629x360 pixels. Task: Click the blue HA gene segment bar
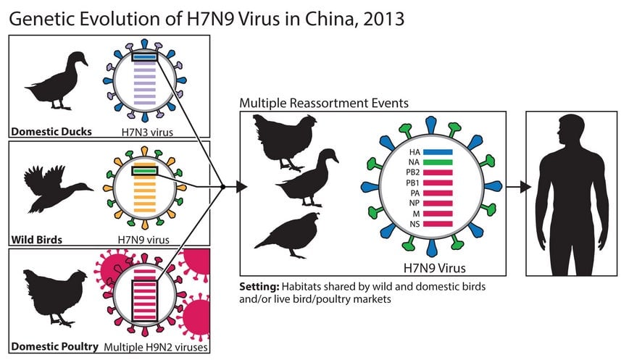tap(438, 152)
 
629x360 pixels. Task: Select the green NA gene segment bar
tap(438, 162)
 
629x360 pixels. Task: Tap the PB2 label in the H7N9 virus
tap(413, 173)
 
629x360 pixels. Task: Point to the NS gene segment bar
tap(438, 224)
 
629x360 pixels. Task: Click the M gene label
tap(416, 214)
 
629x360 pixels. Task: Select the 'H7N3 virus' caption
tap(147, 132)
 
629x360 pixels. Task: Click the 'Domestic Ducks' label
tap(51, 132)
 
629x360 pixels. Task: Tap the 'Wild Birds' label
tap(36, 240)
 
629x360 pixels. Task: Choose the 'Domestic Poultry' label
tap(54, 346)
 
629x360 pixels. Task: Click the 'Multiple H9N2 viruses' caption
tap(156, 347)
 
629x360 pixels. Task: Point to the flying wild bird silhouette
tap(57, 188)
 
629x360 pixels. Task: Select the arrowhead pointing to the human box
tap(525, 187)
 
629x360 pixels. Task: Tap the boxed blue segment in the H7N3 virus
tap(144, 57)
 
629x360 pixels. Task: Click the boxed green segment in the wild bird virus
tap(144, 171)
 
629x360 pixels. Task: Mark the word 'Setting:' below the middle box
tap(259, 287)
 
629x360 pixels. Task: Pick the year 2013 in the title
tap(383, 19)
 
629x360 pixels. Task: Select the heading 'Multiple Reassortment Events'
tap(324, 103)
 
